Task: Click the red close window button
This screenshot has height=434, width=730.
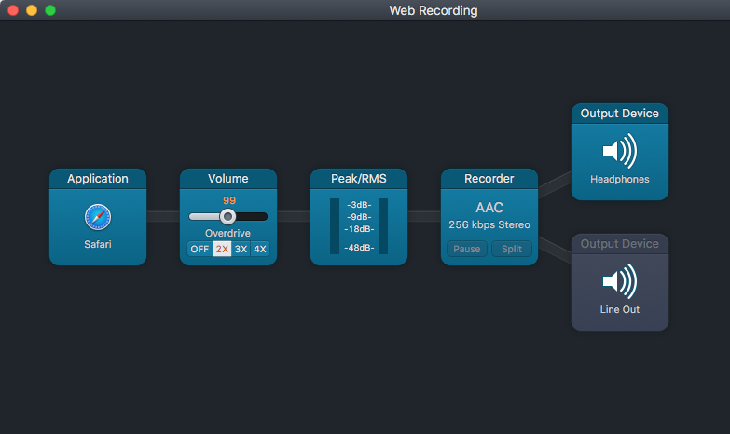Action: (x=13, y=10)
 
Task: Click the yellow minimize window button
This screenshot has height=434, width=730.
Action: (x=32, y=10)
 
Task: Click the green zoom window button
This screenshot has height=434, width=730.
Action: (x=50, y=10)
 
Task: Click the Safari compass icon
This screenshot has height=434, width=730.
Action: (x=98, y=217)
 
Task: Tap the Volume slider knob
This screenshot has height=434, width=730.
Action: (x=227, y=216)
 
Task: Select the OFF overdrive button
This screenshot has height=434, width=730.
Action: (x=200, y=249)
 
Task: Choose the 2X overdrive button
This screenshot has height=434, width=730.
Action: (x=222, y=249)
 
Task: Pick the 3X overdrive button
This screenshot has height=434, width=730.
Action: (x=241, y=249)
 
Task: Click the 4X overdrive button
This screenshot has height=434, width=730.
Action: (x=260, y=249)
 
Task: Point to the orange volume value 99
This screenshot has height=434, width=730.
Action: (x=228, y=200)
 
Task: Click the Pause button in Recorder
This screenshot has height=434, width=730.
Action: (x=466, y=249)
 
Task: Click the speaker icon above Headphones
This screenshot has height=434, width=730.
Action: (x=619, y=150)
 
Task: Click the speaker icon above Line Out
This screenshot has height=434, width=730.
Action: (x=619, y=280)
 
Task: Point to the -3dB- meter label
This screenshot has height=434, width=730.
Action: (x=359, y=205)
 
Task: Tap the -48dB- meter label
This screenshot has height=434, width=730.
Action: (x=359, y=248)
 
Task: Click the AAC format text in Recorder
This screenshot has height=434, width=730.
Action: (x=489, y=208)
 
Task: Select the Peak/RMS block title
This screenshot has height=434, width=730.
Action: (x=359, y=179)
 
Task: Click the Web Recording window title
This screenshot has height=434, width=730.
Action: (x=433, y=10)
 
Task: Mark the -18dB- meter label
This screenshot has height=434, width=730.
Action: (x=359, y=228)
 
